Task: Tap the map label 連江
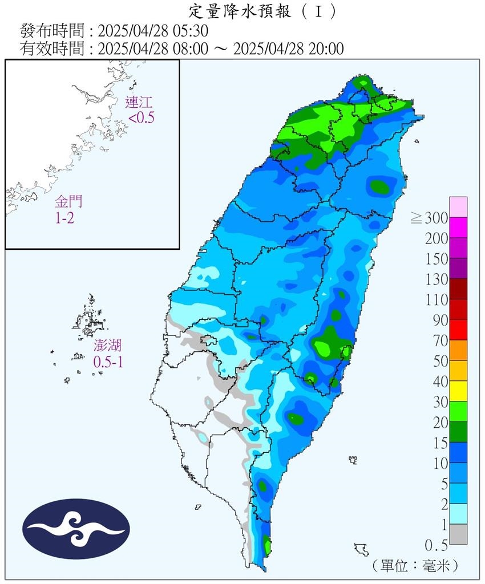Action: coord(140,103)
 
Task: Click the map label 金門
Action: coord(69,202)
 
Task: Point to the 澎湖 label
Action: coord(108,346)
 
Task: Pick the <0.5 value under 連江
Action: coord(142,118)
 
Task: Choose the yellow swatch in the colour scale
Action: coord(458,391)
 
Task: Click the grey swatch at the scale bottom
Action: coord(458,534)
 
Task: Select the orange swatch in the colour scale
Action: coord(458,350)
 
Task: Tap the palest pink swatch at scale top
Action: coord(458,206)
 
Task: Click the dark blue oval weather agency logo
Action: coord(76,529)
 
